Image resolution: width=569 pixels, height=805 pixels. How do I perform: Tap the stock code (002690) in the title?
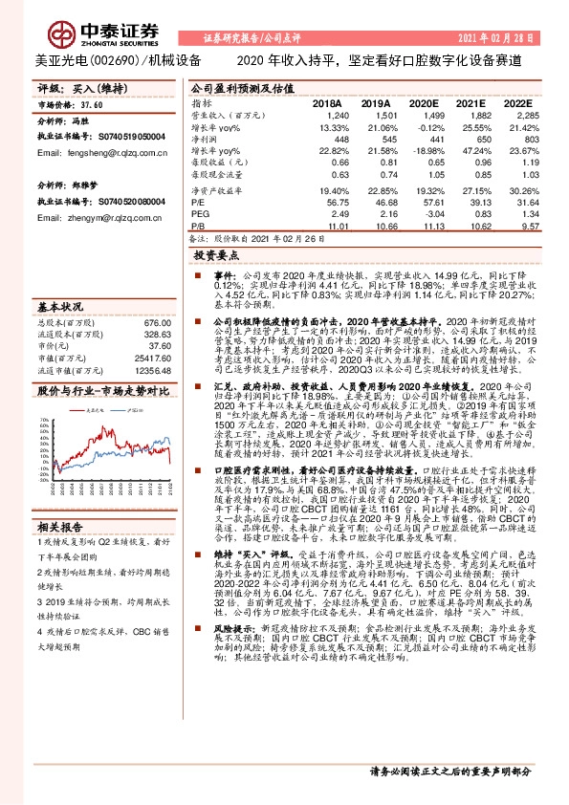(114, 60)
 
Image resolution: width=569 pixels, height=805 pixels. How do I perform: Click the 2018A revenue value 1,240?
(328, 115)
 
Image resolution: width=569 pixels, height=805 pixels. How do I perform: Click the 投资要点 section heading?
(213, 257)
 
